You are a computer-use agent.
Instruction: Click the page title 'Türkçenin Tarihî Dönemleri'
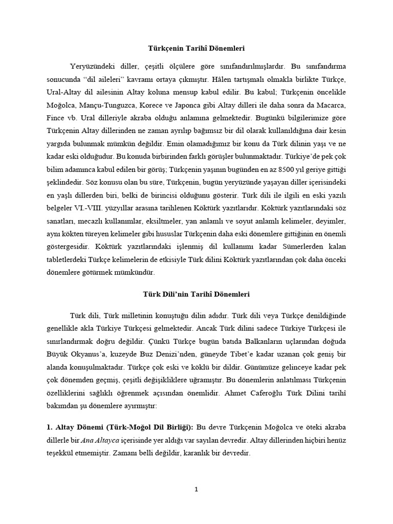pos(196,49)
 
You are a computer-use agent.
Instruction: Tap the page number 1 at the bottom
pos(196,489)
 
